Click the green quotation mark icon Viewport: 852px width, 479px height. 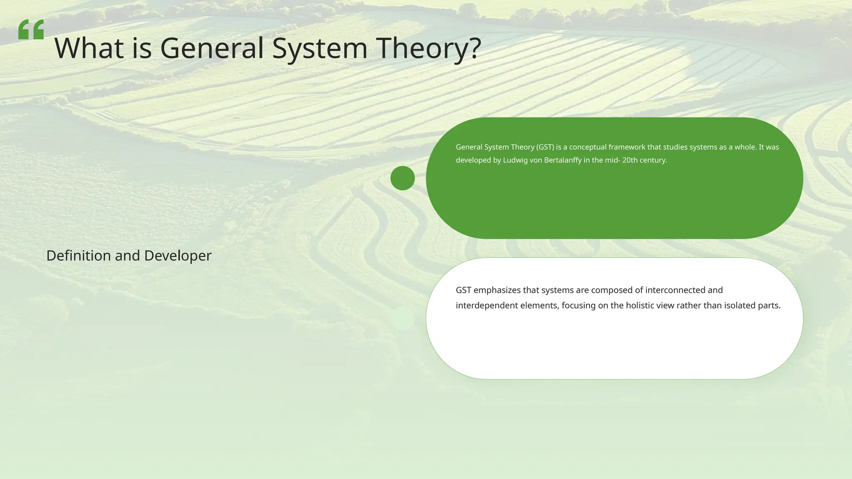click(x=31, y=30)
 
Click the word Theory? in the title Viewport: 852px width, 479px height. click(x=429, y=48)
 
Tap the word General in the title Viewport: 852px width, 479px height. click(x=212, y=48)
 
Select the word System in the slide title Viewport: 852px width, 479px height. click(x=320, y=48)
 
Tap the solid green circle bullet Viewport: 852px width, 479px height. click(x=402, y=178)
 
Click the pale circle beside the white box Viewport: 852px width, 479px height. click(x=402, y=319)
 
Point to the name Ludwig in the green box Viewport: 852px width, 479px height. click(x=515, y=160)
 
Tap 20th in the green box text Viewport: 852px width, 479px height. click(x=630, y=160)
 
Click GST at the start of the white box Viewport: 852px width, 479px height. click(x=463, y=290)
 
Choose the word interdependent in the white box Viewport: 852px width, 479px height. click(x=486, y=306)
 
